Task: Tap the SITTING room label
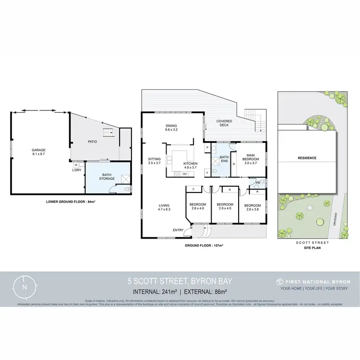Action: click(155, 161)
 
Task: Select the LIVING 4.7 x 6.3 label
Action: click(165, 207)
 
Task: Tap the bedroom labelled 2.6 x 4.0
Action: click(198, 206)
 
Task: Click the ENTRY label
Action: click(179, 230)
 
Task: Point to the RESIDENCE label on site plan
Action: click(307, 158)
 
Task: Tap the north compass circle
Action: click(24, 287)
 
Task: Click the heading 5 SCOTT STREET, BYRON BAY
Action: click(180, 281)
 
